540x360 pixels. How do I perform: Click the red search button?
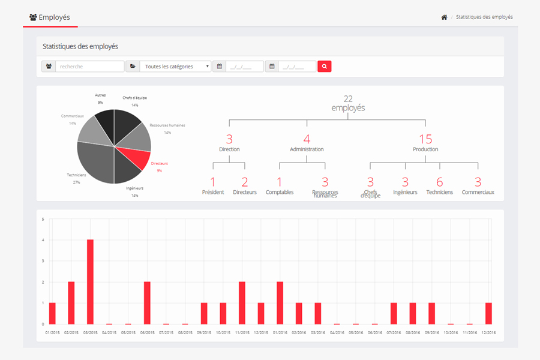click(x=325, y=67)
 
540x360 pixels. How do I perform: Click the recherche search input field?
click(x=89, y=67)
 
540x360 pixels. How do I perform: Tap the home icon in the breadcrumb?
click(x=444, y=17)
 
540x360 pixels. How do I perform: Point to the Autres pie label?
click(x=100, y=95)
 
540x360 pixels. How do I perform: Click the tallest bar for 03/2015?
click(x=90, y=282)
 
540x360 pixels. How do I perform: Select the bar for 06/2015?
click(x=147, y=303)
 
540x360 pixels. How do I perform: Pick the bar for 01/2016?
click(x=280, y=303)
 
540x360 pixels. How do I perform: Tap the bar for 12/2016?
click(x=488, y=313)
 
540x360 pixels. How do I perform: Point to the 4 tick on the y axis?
click(x=43, y=240)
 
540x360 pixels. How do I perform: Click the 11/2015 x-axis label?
click(x=242, y=332)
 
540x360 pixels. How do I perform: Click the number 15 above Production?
click(x=425, y=139)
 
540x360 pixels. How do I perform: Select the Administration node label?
click(x=307, y=149)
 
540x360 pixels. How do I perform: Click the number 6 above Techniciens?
click(x=440, y=182)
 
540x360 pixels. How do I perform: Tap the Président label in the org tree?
click(x=212, y=192)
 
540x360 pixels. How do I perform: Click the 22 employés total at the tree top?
click(x=348, y=103)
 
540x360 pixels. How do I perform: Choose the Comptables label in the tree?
click(x=280, y=192)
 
